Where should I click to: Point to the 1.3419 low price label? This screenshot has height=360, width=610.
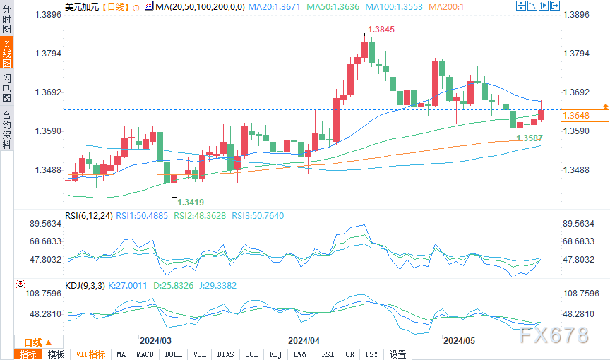tap(191, 201)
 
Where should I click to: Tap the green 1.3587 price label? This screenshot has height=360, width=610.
tap(530, 138)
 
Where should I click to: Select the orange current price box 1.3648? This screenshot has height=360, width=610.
tap(576, 114)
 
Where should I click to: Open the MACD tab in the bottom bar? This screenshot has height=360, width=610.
tap(145, 354)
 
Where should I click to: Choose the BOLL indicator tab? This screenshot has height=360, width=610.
tap(173, 354)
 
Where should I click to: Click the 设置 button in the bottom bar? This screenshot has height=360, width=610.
tap(398, 354)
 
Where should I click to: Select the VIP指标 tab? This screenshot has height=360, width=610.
tap(90, 354)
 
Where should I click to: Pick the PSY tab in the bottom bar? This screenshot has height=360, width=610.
tap(372, 354)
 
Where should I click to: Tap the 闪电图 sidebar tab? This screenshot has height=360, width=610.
tap(6, 89)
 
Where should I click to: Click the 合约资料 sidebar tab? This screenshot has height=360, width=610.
tap(6, 130)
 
